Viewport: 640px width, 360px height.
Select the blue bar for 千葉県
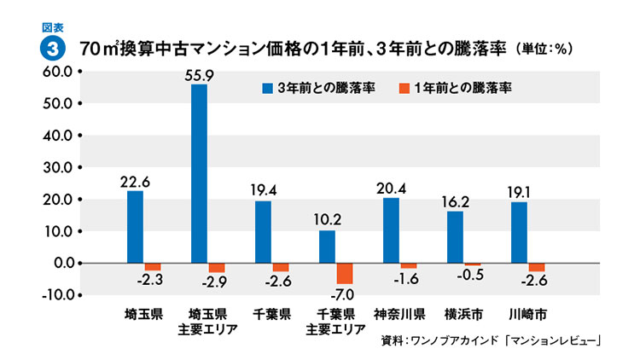263,231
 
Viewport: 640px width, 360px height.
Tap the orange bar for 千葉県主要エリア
344,273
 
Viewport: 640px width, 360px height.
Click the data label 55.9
199,75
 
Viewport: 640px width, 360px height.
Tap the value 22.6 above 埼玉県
135,182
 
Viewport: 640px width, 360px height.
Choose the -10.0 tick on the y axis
53,295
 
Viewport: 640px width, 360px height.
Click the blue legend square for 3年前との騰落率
267,88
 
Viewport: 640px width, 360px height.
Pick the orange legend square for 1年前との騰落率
404,88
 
